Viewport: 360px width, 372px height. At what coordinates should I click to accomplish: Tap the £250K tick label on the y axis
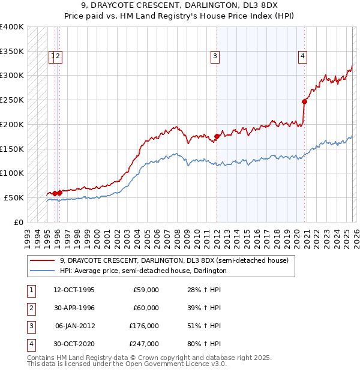12,100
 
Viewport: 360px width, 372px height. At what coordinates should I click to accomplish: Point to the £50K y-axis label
14,197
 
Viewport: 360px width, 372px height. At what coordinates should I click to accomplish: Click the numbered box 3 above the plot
214,56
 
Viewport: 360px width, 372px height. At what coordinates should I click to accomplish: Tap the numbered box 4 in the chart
303,56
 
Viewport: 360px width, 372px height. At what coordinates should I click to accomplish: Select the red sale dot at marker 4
304,101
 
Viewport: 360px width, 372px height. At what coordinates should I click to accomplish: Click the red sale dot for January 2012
217,136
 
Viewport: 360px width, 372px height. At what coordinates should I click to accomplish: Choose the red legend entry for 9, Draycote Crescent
174,260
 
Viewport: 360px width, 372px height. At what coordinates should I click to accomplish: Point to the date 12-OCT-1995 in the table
74,290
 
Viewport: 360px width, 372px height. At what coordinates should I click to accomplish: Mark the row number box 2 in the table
31,308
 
